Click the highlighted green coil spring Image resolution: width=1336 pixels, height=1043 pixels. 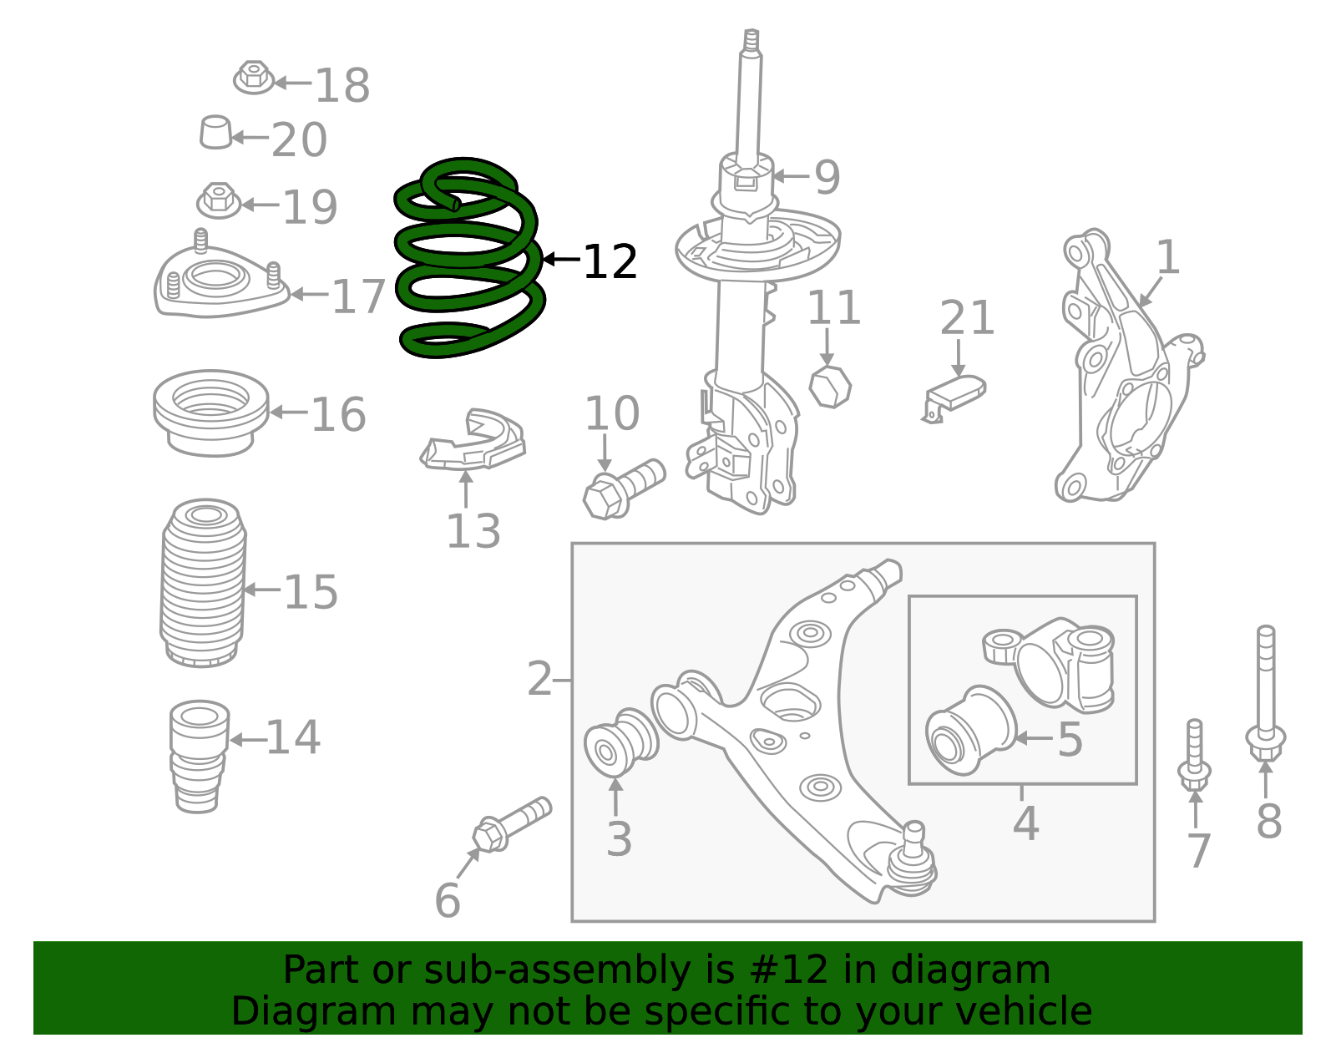[x=468, y=259]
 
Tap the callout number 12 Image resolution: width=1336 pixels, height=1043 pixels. [x=610, y=262]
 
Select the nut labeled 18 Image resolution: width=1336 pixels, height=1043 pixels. [x=254, y=78]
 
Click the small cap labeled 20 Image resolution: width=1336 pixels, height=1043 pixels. [x=215, y=133]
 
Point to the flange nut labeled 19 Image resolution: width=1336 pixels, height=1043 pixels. [x=219, y=200]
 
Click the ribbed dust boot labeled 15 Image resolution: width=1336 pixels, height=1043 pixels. [x=203, y=585]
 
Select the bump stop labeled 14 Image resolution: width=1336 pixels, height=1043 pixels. [x=199, y=756]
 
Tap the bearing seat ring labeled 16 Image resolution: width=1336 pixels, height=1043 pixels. [x=210, y=412]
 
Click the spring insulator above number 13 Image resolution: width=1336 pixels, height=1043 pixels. [x=474, y=443]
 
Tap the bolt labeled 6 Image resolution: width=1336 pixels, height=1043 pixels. [x=509, y=825]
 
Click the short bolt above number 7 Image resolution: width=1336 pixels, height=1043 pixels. [x=1195, y=756]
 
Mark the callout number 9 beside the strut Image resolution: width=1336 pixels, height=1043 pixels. [x=826, y=178]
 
